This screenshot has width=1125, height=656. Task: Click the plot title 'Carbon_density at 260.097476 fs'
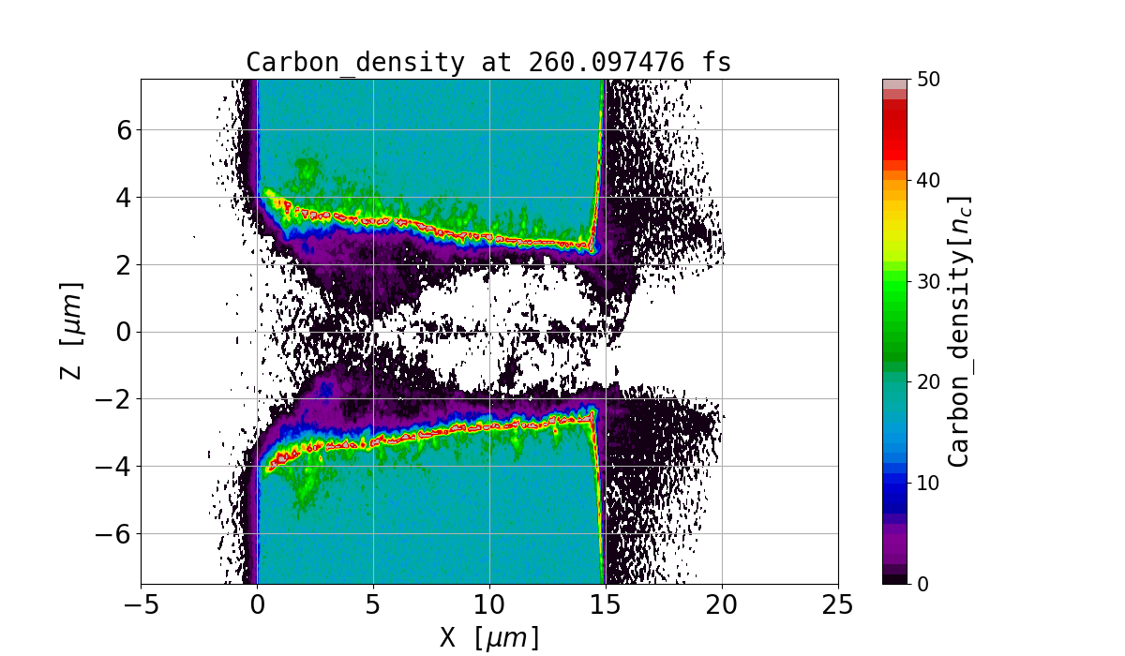point(488,63)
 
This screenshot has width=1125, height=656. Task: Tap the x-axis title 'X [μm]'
point(489,637)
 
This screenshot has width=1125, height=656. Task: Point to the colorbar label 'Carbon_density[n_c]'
point(958,331)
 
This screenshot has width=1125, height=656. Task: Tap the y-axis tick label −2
point(113,399)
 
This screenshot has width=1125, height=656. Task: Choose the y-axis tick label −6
point(113,534)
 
